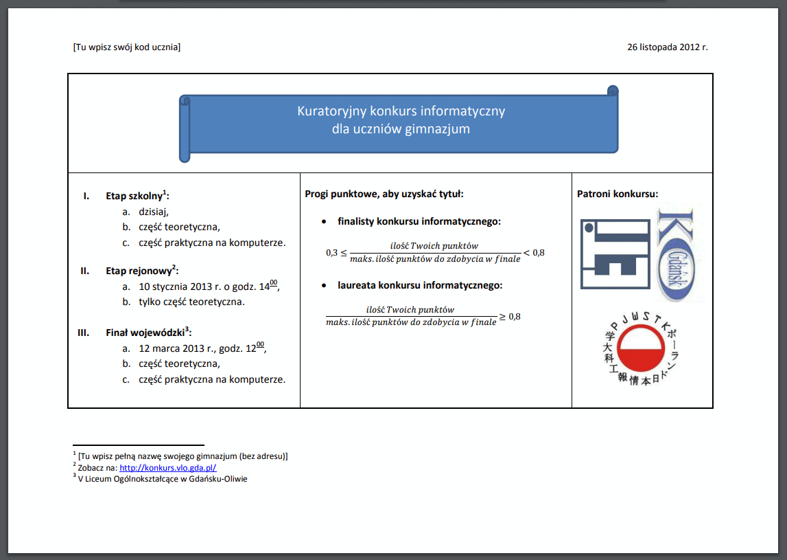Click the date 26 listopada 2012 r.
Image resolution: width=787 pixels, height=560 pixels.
(667, 47)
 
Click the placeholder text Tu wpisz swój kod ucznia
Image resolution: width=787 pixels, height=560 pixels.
(126, 47)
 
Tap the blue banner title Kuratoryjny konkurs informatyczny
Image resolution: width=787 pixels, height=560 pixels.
(401, 111)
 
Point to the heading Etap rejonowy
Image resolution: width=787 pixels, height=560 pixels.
(141, 270)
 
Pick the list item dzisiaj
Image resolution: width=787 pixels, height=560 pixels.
(154, 212)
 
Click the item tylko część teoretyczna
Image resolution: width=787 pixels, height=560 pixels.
(191, 302)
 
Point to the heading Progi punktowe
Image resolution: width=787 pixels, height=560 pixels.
(384, 194)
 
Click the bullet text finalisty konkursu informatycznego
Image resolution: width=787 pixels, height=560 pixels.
(419, 222)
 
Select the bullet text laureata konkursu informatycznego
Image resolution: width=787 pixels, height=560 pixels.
(420, 285)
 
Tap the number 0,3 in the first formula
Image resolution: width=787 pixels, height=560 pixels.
(331, 253)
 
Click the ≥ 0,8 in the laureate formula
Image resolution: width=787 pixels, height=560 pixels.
(510, 316)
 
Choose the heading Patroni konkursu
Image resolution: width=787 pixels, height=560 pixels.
(618, 194)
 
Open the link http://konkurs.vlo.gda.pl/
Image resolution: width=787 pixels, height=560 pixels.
(168, 467)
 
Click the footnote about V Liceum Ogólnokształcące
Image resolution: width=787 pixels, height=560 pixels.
(163, 479)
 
